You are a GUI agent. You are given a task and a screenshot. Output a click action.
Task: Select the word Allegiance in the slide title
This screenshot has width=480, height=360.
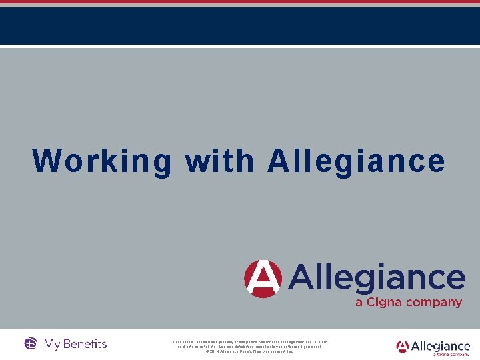(x=356, y=161)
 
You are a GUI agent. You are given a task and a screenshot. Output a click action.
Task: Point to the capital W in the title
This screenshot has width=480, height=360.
(x=47, y=161)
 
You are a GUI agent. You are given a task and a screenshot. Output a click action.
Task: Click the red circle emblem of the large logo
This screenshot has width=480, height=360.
(x=263, y=279)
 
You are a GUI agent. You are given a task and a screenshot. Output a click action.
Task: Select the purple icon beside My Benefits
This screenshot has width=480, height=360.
(x=31, y=344)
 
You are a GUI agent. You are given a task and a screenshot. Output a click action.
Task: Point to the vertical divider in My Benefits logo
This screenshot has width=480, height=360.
(x=41, y=344)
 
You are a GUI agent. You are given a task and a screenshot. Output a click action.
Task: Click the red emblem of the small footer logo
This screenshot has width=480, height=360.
(x=402, y=347)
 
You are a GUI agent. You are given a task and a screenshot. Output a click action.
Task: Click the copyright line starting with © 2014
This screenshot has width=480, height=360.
(x=249, y=351)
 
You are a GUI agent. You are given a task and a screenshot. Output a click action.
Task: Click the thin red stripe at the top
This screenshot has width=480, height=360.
(x=240, y=2)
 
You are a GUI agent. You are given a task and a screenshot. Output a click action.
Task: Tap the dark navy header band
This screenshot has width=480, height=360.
(x=240, y=25)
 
